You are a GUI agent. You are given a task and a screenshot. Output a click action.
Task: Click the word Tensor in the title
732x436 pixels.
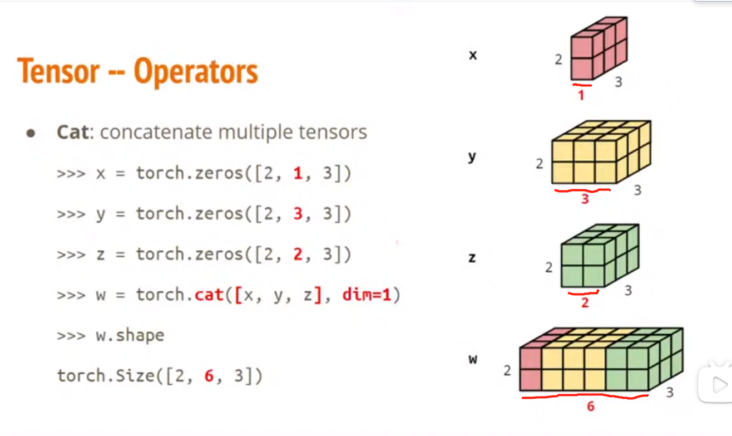58,72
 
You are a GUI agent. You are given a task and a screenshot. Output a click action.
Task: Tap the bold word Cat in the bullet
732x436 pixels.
72,133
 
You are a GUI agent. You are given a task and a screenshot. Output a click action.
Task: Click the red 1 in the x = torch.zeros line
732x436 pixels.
298,174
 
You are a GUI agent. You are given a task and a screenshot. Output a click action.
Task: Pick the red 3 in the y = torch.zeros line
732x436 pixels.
298,214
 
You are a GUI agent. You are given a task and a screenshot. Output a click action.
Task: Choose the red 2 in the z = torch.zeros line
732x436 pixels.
298,254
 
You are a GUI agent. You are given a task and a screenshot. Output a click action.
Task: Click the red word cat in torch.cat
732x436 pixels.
209,295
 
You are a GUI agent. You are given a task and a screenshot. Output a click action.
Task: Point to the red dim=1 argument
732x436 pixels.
367,295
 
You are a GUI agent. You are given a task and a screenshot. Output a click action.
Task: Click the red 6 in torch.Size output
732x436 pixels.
209,376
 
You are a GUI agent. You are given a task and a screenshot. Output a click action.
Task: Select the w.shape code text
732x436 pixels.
130,336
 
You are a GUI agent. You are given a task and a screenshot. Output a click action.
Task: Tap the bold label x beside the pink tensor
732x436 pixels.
473,55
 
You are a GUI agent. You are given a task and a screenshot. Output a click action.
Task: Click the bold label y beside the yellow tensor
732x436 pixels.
472,157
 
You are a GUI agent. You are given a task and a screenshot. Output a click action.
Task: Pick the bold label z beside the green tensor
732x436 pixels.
472,258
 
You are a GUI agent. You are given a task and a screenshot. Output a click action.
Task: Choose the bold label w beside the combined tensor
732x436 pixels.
473,359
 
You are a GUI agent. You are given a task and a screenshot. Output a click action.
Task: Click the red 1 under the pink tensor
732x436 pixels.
581,95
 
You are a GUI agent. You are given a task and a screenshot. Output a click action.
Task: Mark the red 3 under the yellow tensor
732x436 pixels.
585,199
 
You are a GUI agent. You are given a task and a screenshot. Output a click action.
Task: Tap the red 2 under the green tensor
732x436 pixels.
585,302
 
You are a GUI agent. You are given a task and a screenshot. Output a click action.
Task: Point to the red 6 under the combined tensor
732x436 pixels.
591,406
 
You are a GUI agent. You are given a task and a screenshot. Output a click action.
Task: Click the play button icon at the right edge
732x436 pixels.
718,384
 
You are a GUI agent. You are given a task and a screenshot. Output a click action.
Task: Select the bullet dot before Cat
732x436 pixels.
31,134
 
